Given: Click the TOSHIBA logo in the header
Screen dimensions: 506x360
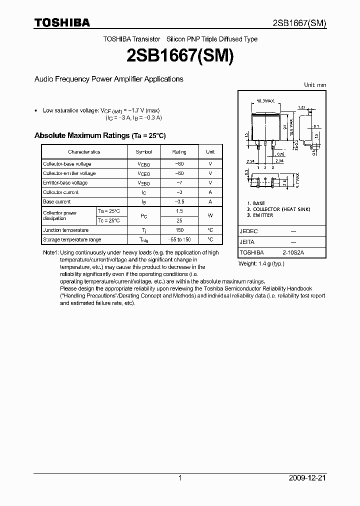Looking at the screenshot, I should point(62,22).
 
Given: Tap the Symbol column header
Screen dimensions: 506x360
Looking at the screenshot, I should point(143,152).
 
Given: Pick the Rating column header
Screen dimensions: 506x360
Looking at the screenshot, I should point(179,152).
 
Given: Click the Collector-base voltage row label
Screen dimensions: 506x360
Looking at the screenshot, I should point(67,164).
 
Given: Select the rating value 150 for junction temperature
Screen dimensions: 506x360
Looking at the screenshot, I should point(179,230).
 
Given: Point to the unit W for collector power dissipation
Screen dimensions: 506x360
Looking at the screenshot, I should point(210,216).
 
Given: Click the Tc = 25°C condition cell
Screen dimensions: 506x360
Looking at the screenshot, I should point(109,220).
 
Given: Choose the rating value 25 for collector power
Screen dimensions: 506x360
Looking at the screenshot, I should point(179,220).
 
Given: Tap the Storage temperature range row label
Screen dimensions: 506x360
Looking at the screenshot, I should point(72,240).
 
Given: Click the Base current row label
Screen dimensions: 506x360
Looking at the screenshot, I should point(56,202).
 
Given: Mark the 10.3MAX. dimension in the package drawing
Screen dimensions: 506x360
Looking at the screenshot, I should point(266,101).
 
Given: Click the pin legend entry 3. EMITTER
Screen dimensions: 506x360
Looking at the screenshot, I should point(260,215).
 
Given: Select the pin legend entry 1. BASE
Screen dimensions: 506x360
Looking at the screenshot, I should point(256,203).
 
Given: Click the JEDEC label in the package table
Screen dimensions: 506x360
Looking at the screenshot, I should point(248,231).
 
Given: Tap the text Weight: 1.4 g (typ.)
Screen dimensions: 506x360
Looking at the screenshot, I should point(261,263).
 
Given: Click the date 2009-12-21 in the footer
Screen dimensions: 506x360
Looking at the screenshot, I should point(307,478).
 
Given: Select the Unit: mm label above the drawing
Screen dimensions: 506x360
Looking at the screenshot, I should point(315,85).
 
